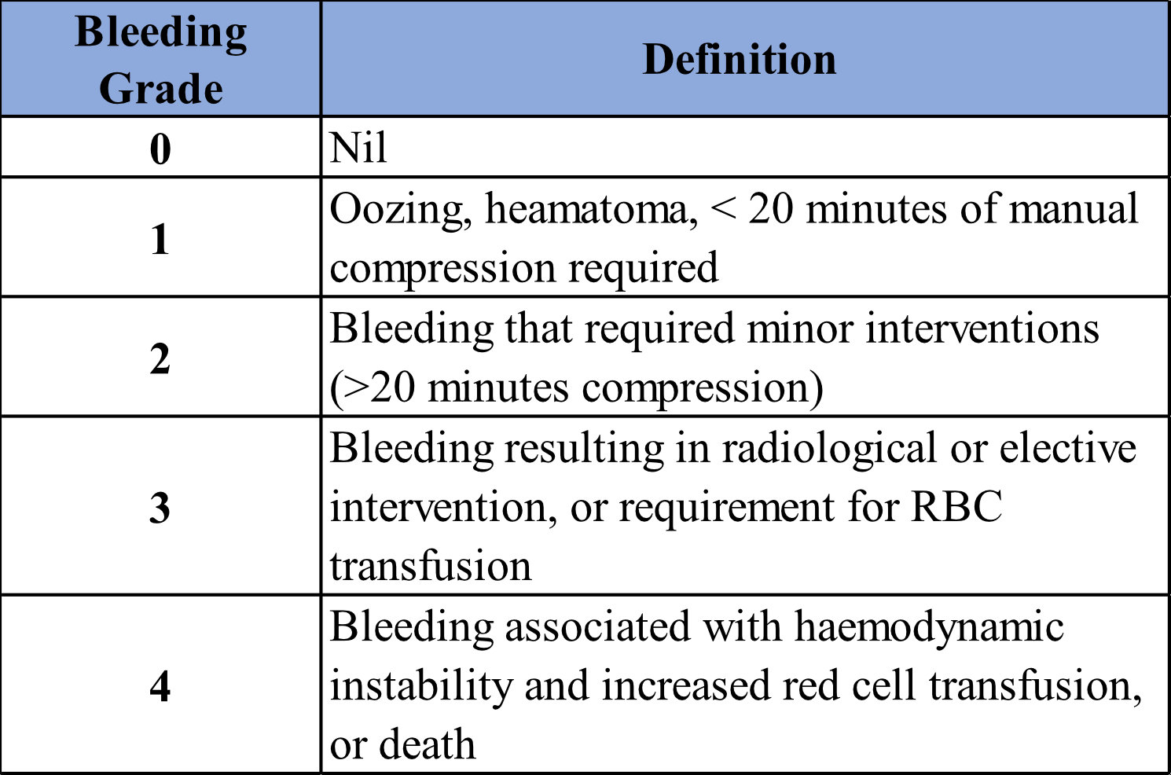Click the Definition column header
coord(740,59)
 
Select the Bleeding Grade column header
coord(160,60)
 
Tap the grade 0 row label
coord(160,149)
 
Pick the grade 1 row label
coord(160,239)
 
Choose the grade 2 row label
coord(160,358)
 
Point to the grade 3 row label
coord(160,507)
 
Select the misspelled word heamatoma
coord(591,210)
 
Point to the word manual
coord(1074,208)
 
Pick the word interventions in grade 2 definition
coord(982,329)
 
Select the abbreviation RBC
coord(956,506)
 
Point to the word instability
coord(421,687)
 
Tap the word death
coord(427,744)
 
